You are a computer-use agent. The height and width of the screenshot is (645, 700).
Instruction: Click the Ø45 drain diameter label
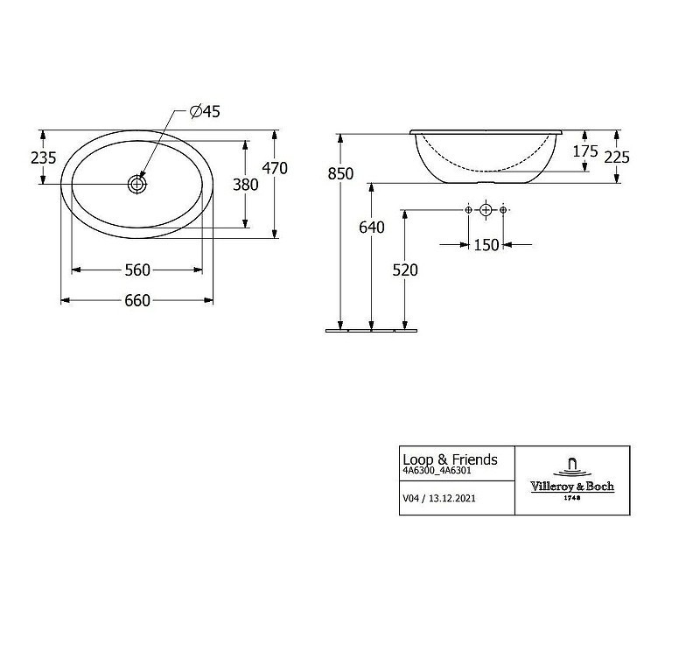click(205, 111)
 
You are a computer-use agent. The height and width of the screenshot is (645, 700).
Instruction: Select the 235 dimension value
click(43, 158)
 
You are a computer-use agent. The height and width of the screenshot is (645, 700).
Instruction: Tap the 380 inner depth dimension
click(246, 185)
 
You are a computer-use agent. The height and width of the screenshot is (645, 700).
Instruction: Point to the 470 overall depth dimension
click(275, 168)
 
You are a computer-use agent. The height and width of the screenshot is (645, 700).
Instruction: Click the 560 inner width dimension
click(137, 270)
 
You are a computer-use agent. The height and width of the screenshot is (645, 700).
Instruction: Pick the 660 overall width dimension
click(137, 301)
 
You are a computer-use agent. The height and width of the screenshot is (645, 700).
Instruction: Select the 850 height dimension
click(340, 173)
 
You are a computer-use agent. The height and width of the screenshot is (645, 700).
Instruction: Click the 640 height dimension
click(371, 228)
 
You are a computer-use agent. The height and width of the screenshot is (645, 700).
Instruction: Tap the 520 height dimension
click(405, 270)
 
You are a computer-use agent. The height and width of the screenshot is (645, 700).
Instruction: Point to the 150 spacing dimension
click(486, 245)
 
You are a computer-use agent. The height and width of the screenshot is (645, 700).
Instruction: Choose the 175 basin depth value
click(585, 151)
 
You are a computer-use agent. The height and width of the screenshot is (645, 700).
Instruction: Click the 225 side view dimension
click(617, 158)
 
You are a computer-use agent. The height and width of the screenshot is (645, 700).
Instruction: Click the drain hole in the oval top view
click(137, 184)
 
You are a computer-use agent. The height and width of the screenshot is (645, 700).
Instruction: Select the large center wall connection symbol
click(486, 209)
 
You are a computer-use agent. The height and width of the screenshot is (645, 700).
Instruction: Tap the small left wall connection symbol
click(468, 209)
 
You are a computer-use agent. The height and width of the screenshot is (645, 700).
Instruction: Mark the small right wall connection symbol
click(503, 209)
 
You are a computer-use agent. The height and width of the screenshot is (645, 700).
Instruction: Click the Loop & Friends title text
click(450, 459)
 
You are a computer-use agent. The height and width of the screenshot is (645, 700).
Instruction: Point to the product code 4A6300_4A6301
click(437, 471)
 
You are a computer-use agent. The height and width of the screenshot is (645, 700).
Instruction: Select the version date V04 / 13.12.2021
click(439, 498)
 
